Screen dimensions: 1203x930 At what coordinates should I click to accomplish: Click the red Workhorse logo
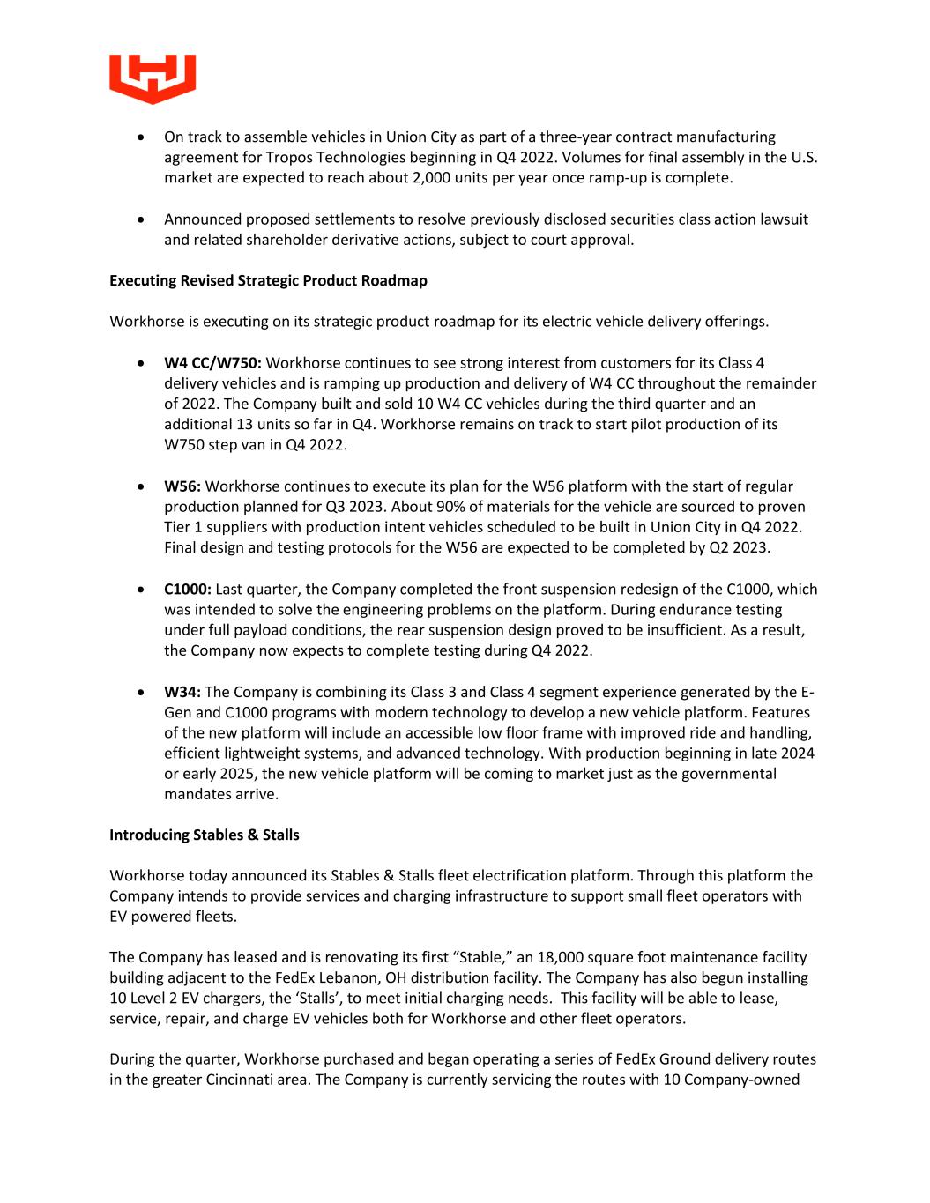tap(153, 78)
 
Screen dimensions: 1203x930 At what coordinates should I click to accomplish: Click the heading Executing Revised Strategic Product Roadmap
tap(268, 280)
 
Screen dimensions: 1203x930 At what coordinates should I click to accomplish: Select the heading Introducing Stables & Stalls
tap(204, 835)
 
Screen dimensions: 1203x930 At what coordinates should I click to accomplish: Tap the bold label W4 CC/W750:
tap(212, 363)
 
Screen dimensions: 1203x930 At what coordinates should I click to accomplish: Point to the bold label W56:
tap(182, 486)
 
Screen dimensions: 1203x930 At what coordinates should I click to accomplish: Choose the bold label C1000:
tap(188, 590)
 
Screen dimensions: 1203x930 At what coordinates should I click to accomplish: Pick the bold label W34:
tap(182, 693)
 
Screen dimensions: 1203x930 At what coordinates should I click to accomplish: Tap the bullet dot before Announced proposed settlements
tap(142, 219)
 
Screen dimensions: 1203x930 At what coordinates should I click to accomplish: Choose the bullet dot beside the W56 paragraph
tap(142, 486)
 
